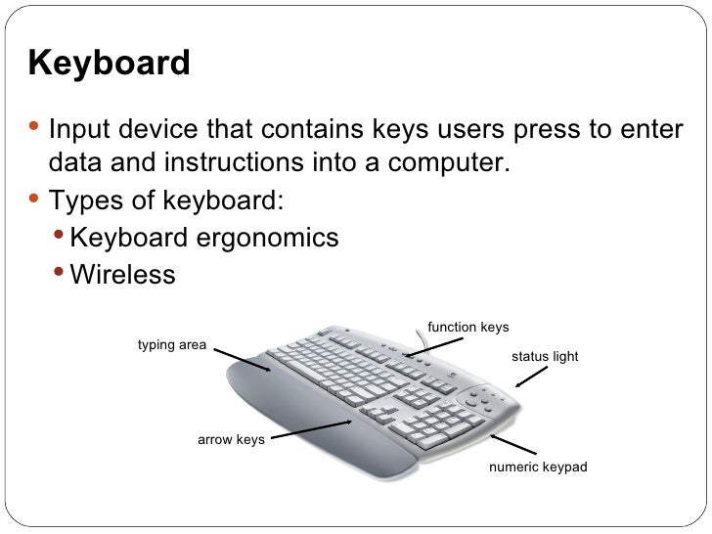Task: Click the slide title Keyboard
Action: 110,64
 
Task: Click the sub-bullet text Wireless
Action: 123,274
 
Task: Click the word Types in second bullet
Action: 87,200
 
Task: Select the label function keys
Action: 467,327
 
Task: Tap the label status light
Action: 545,357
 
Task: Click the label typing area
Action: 171,345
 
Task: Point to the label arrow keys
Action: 231,440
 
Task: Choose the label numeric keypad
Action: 538,467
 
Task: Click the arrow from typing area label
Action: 241,359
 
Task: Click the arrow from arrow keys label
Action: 312,430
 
